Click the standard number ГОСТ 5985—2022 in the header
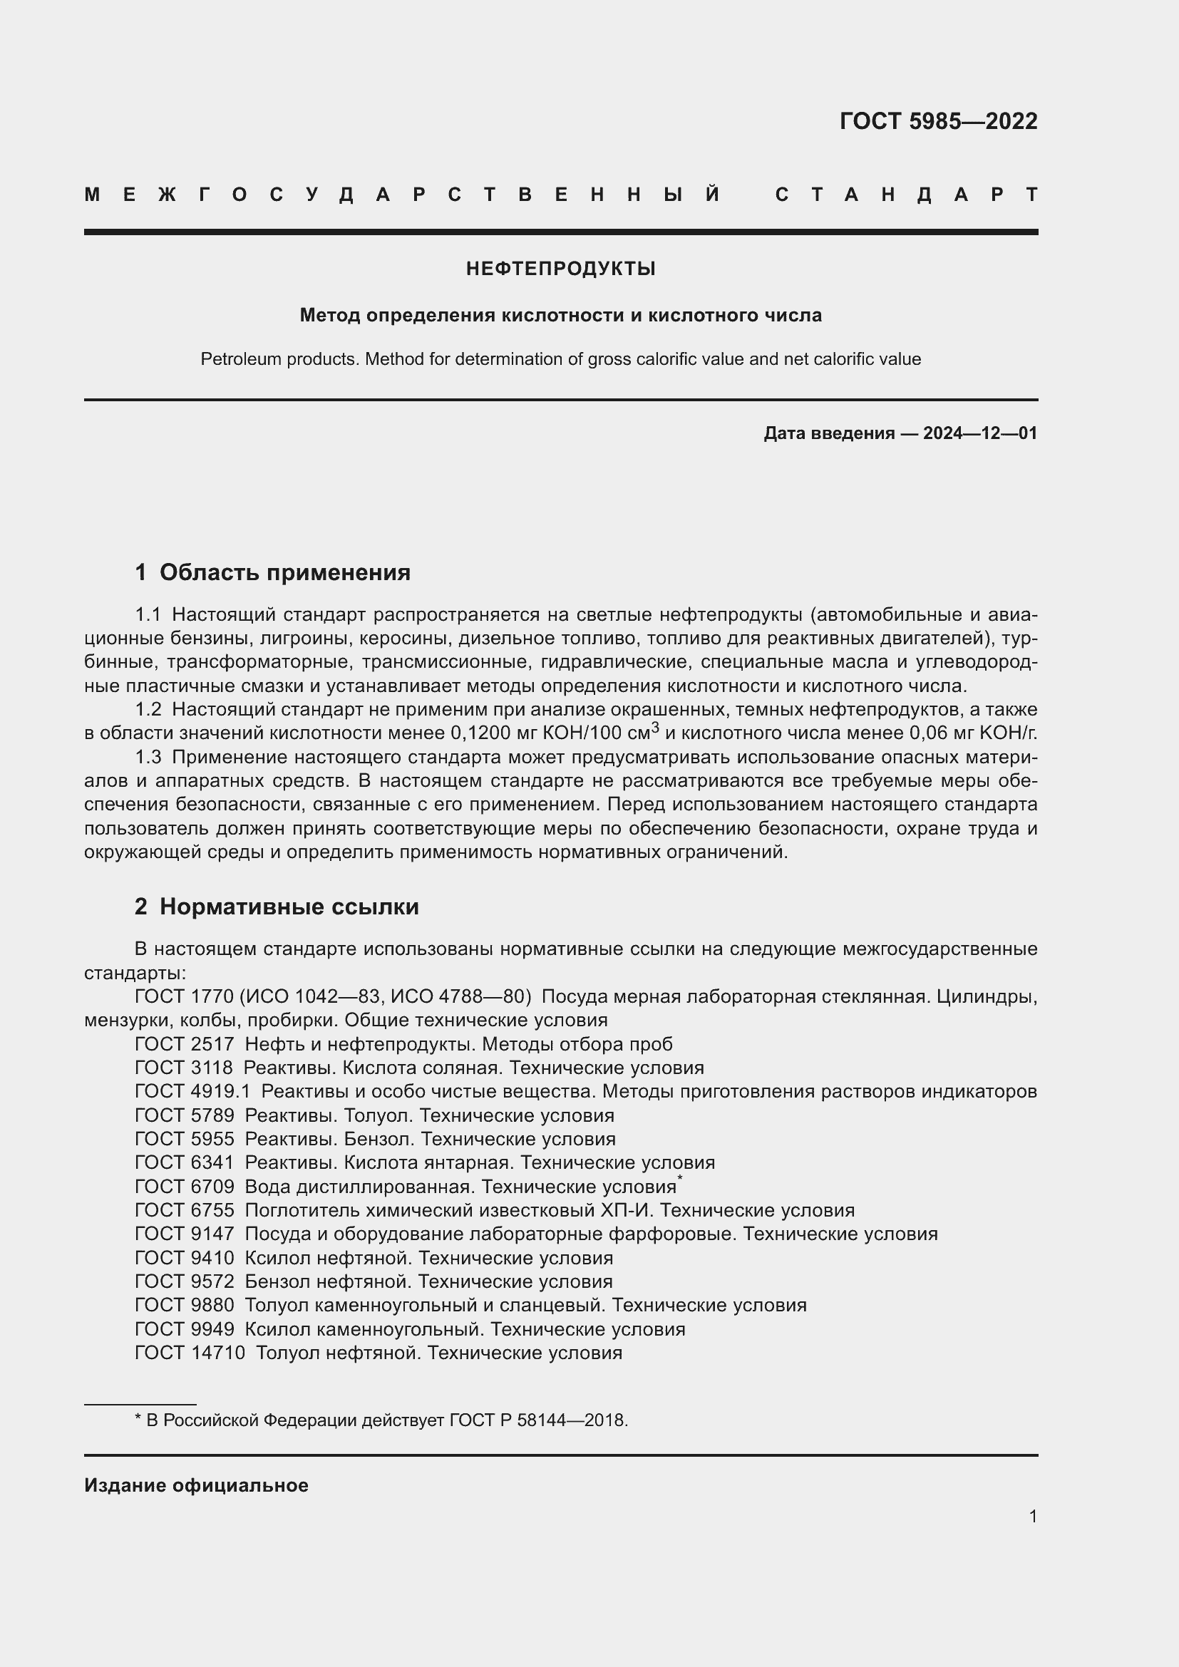pyautogui.click(x=938, y=121)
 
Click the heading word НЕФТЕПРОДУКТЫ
pyautogui.click(x=560, y=269)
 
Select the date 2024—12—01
pyautogui.click(x=979, y=433)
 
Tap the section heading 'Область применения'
pyautogui.click(x=284, y=573)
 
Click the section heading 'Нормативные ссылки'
pyautogui.click(x=289, y=907)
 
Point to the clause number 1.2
pyautogui.click(x=148, y=708)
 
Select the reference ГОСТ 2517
pyautogui.click(x=185, y=1044)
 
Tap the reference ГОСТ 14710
pyautogui.click(x=190, y=1353)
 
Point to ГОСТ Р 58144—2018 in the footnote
pyautogui.click(x=537, y=1420)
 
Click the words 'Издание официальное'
pyautogui.click(x=196, y=1485)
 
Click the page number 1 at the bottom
pyautogui.click(x=1032, y=1516)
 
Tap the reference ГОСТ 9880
pyautogui.click(x=185, y=1305)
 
